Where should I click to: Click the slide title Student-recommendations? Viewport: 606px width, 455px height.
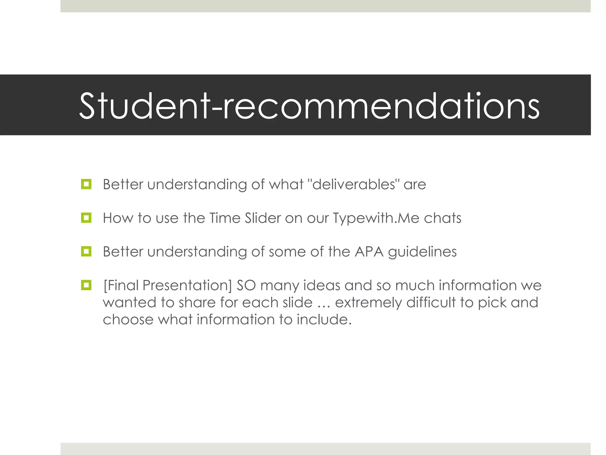click(x=309, y=106)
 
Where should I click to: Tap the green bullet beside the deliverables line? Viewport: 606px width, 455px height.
click(x=86, y=184)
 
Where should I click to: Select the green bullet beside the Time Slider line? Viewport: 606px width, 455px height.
click(x=86, y=218)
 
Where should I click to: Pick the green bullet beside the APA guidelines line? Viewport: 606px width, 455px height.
click(x=86, y=252)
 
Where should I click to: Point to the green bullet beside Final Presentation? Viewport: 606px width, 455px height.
click(x=86, y=285)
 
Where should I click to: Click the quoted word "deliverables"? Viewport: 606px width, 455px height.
click(x=354, y=184)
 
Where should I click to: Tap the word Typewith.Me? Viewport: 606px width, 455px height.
click(x=376, y=218)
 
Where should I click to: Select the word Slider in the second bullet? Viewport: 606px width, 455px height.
click(x=263, y=218)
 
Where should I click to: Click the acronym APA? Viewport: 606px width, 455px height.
click(x=369, y=252)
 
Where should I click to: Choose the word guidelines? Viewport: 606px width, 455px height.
click(x=422, y=252)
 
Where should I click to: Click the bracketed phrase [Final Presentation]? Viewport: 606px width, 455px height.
click(x=167, y=286)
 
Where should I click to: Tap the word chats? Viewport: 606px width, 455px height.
click(x=442, y=218)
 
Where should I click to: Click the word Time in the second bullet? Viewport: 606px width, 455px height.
click(x=225, y=218)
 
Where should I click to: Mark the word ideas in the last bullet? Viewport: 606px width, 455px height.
click(x=322, y=286)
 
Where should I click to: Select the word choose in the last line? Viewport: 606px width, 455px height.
click(x=128, y=320)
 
